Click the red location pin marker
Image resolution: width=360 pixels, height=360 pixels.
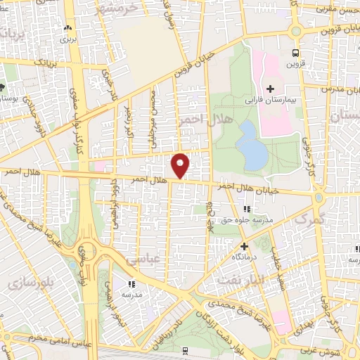click(181, 165)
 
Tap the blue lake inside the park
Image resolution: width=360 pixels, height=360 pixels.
click(250, 144)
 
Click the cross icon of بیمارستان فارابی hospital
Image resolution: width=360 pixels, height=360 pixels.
click(270, 88)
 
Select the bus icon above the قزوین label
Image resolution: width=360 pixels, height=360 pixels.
click(295, 53)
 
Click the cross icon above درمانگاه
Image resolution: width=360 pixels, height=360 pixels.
click(244, 247)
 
